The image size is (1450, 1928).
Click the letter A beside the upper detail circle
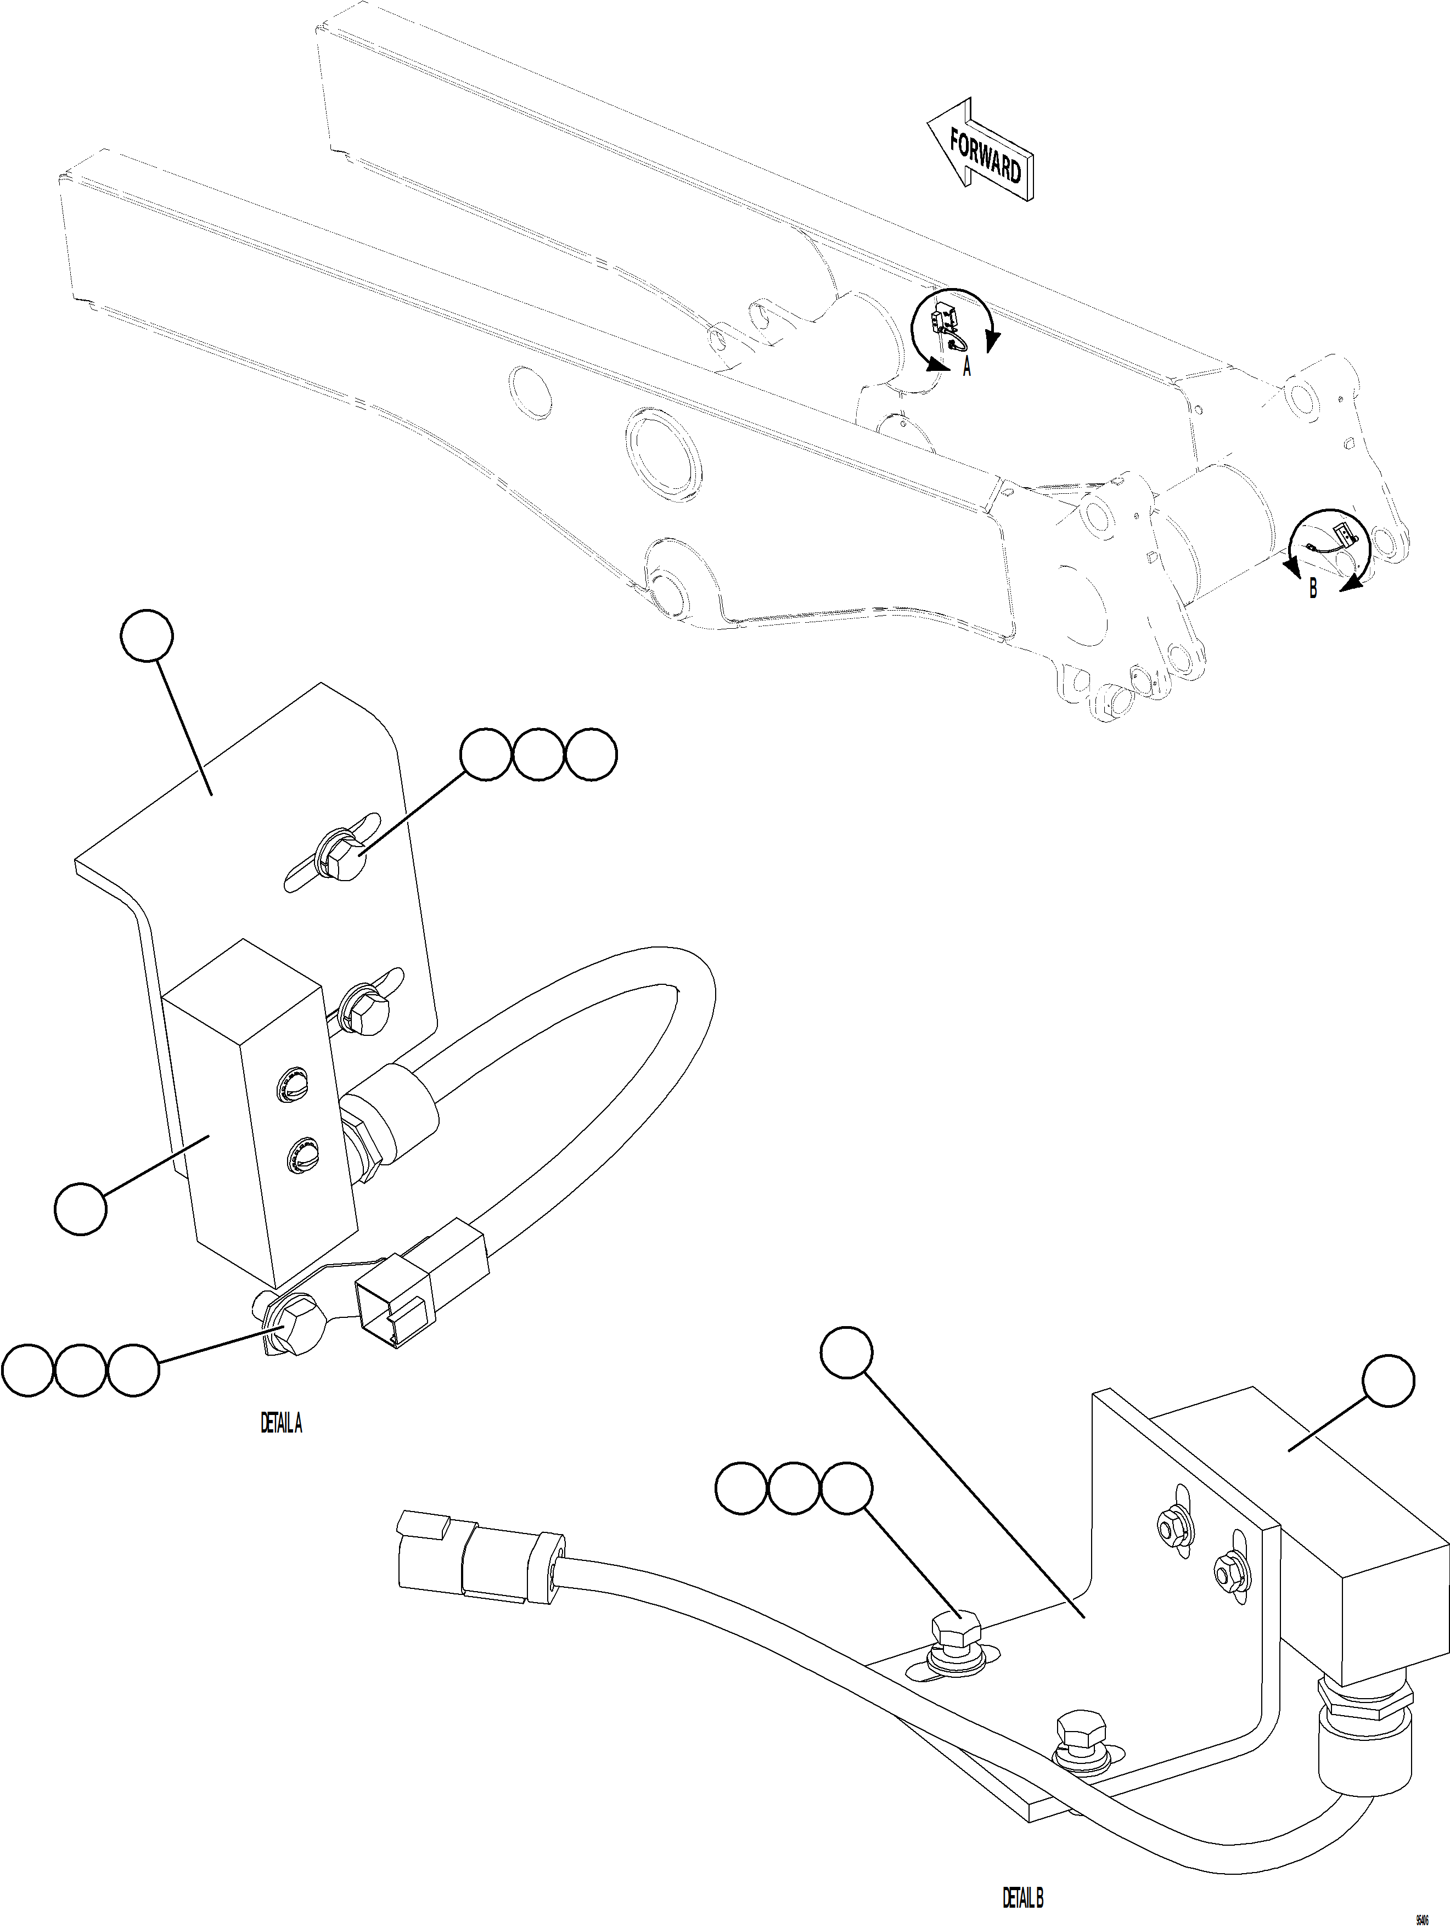966,369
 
